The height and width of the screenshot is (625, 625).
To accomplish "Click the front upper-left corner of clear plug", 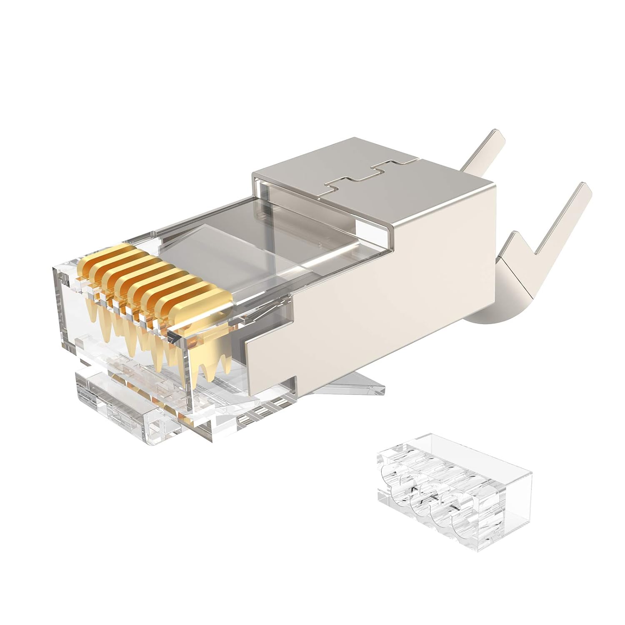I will [56, 271].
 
